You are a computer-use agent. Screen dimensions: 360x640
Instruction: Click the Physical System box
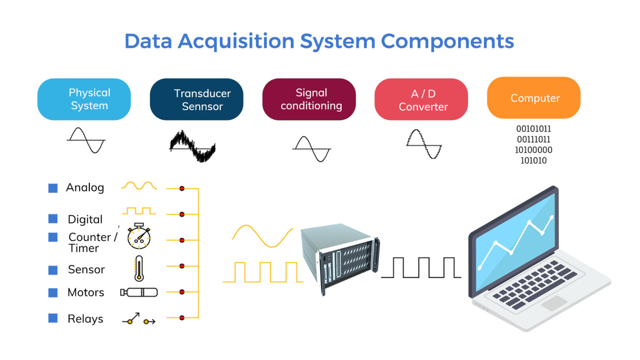click(84, 99)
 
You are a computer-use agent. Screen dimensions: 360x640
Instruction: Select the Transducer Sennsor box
click(196, 99)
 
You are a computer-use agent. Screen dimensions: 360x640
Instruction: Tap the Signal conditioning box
click(309, 99)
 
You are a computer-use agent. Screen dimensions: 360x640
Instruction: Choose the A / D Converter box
click(421, 99)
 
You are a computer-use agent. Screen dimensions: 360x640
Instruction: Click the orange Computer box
click(533, 98)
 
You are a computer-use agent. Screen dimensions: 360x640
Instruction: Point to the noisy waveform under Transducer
click(192, 146)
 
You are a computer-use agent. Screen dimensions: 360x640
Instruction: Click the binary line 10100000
click(533, 150)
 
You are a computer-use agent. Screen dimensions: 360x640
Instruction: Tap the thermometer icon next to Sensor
click(139, 269)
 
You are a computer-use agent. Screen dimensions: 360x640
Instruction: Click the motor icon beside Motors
click(139, 292)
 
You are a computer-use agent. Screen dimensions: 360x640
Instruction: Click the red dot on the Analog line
click(182, 189)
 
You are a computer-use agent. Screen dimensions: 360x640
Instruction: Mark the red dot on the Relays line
click(182, 318)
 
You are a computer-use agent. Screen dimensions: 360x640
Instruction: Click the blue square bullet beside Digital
click(53, 219)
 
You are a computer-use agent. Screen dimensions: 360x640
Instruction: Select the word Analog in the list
click(85, 188)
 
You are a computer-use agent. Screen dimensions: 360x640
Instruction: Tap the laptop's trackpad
click(554, 303)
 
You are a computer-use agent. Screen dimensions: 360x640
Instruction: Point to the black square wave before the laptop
click(421, 267)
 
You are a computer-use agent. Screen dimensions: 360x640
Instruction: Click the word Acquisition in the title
click(236, 41)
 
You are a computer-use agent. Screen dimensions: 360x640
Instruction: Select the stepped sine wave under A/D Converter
click(424, 144)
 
